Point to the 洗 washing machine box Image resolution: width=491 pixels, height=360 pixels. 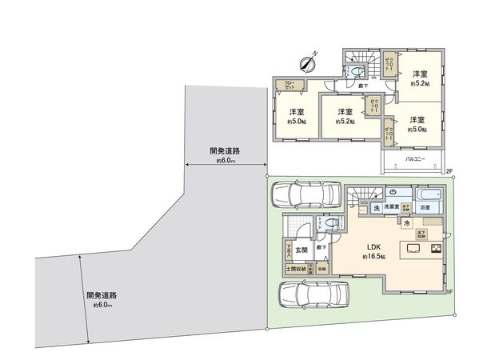(375, 208)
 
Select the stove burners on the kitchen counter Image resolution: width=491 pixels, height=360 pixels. (437, 248)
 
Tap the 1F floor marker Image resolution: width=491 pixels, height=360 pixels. (449, 292)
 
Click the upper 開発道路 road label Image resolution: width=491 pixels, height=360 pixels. (226, 150)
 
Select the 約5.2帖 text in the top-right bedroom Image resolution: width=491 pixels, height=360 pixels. (419, 82)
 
